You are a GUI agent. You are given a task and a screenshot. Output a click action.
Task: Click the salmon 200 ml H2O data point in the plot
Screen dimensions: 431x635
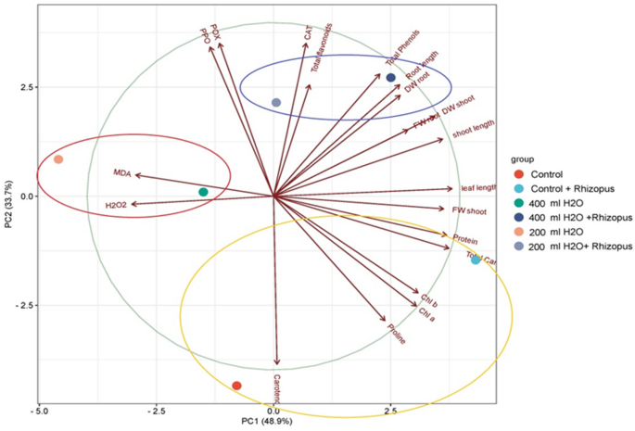click(x=58, y=159)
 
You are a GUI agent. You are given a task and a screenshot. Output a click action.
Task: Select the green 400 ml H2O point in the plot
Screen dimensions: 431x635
click(x=203, y=192)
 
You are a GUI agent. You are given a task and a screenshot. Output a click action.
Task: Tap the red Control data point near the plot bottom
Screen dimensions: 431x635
click(x=236, y=386)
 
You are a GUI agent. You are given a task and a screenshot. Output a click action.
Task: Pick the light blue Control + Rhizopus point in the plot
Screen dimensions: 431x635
click(x=476, y=260)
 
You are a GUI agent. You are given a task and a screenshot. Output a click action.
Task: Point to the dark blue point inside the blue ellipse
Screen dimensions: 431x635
click(x=391, y=78)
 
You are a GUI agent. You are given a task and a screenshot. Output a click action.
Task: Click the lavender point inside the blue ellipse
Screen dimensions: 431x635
click(x=276, y=102)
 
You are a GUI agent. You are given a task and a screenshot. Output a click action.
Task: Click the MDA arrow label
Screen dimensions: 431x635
click(x=122, y=172)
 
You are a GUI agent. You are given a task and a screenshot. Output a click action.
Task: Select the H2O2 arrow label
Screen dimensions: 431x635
click(x=116, y=205)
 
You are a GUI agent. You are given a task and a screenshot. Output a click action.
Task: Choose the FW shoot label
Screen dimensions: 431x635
click(x=469, y=211)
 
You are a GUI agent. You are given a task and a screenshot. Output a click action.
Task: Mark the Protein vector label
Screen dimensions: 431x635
click(x=465, y=239)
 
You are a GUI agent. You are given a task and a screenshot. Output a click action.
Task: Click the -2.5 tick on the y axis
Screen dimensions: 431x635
click(x=19, y=305)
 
